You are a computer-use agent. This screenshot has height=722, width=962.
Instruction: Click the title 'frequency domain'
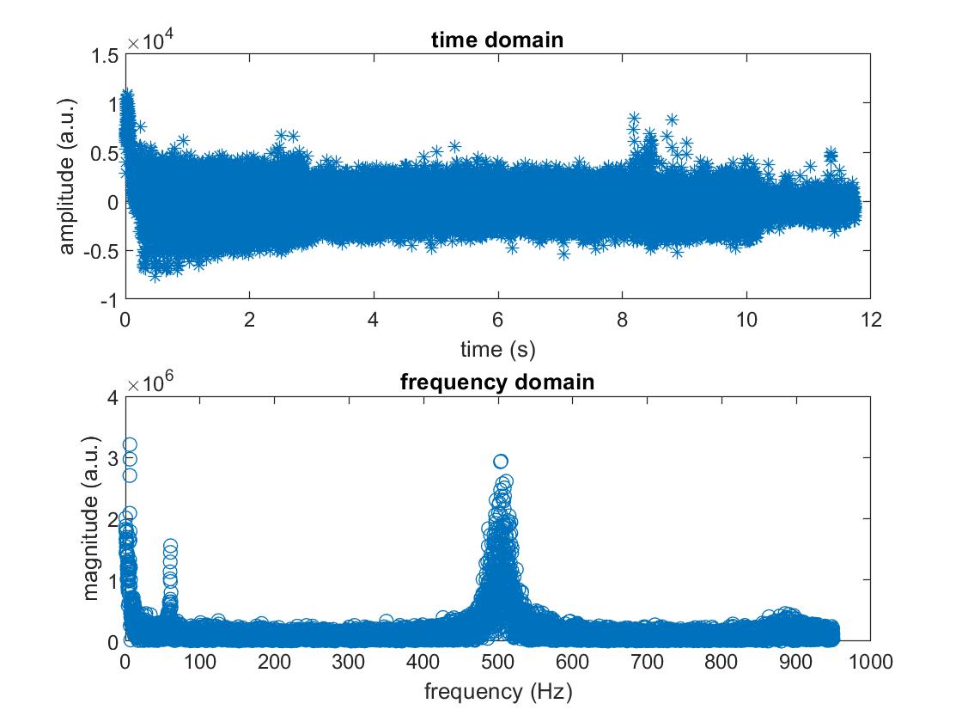(x=497, y=382)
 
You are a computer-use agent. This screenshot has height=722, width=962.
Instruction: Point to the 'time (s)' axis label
(x=497, y=349)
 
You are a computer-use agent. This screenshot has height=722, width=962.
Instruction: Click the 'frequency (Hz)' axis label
(x=497, y=691)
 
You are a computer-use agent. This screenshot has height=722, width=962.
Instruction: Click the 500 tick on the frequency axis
(x=497, y=661)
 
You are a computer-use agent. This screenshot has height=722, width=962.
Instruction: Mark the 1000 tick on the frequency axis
(x=870, y=661)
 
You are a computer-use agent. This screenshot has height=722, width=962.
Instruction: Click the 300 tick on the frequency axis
(x=349, y=661)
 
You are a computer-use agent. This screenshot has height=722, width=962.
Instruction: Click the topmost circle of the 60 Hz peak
(x=170, y=546)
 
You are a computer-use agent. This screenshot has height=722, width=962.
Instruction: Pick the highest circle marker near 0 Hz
(x=130, y=444)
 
